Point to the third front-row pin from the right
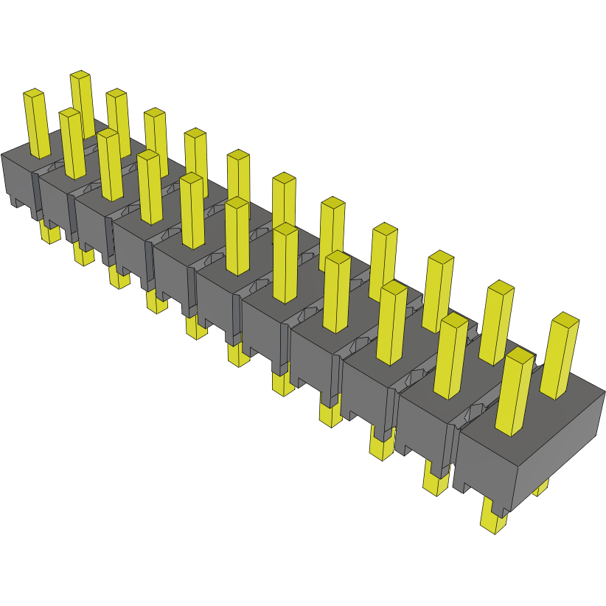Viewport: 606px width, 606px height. click(x=391, y=324)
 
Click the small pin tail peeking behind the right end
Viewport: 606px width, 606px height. click(x=542, y=487)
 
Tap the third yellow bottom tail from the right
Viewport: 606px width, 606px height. click(x=380, y=447)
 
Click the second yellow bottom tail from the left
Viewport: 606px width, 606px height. click(x=83, y=255)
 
